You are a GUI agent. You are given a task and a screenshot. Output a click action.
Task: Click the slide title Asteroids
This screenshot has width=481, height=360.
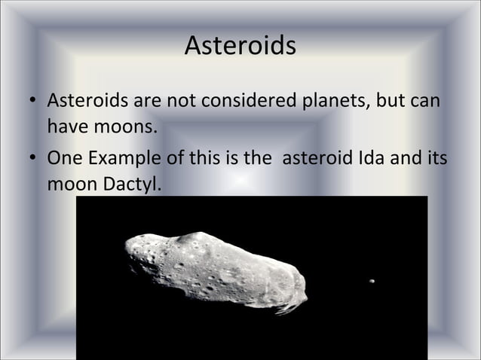(x=240, y=47)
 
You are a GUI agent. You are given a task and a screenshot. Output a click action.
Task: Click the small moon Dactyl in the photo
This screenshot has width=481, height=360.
(x=371, y=281)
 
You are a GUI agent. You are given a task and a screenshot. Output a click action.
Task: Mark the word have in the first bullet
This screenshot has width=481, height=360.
(x=66, y=128)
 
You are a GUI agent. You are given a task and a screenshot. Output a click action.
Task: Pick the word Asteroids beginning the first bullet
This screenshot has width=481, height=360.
(x=86, y=100)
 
